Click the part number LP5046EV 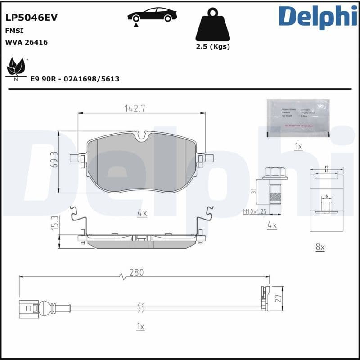[x=31, y=18]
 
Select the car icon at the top [x=152, y=15]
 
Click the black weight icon [x=212, y=28]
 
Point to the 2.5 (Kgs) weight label [x=212, y=46]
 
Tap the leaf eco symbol [x=16, y=67]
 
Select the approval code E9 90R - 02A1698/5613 [x=75, y=79]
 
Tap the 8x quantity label [x=320, y=247]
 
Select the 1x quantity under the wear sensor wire [x=140, y=327]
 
